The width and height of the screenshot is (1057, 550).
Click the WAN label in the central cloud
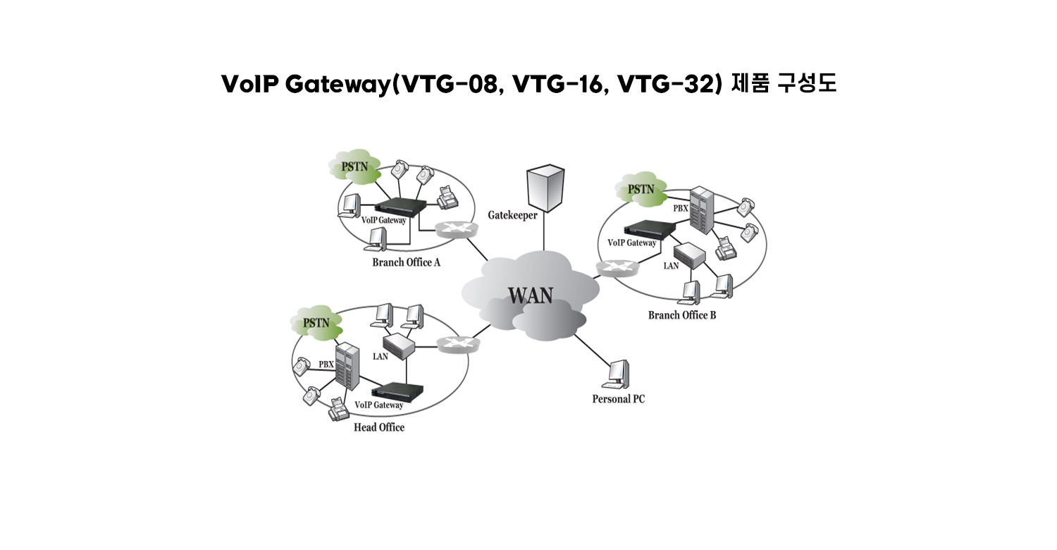pos(531,295)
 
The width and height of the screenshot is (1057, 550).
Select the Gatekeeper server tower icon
pos(545,187)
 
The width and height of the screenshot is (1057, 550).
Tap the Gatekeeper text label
pos(512,214)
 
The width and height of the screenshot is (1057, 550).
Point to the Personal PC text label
pos(618,399)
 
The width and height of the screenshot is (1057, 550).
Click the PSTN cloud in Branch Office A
pos(353,166)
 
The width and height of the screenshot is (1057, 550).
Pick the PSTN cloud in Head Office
pos(316,323)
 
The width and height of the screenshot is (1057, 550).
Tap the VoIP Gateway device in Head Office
pos(398,391)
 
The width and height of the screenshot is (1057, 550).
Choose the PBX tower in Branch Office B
pos(701,209)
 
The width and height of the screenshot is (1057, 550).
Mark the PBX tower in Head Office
pos(347,365)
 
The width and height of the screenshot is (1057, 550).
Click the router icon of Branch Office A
pos(452,229)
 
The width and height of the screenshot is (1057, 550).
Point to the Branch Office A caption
pos(406,262)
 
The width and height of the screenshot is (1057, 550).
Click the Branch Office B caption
pos(681,315)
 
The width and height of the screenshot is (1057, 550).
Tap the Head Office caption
pos(379,427)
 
